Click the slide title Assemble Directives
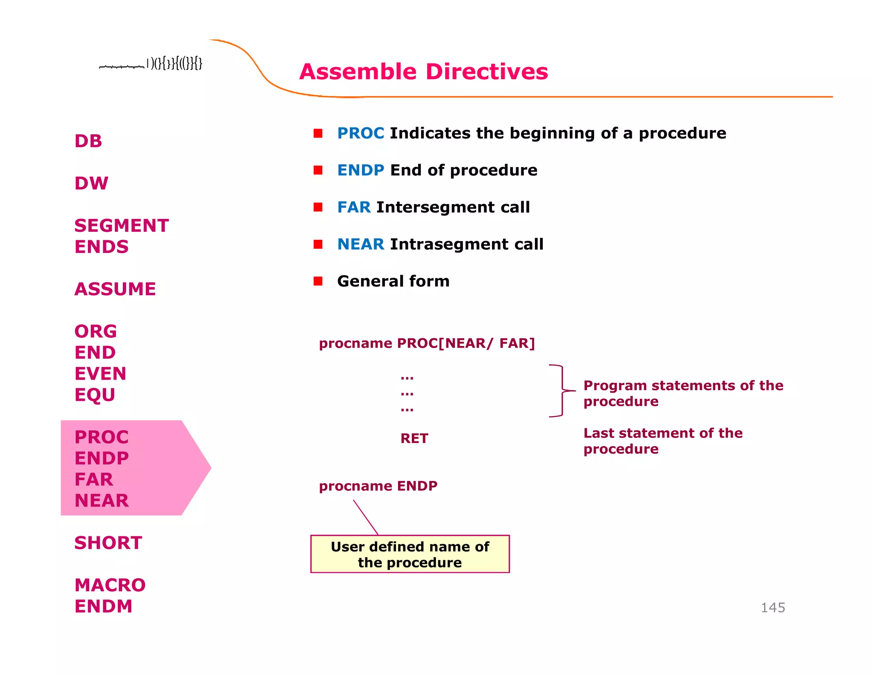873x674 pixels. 423,72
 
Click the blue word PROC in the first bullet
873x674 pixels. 361,133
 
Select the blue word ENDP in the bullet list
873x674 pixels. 361,170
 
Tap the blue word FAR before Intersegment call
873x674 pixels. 354,207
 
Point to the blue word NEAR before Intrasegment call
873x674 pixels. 361,245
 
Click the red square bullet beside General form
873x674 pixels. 318,281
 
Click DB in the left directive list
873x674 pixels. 88,141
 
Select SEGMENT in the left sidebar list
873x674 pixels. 121,226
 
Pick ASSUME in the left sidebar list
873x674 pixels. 115,289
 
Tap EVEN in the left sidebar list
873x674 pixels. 101,374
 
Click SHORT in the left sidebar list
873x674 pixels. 108,543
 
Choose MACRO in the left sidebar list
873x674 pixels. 110,585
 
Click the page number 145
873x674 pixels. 773,608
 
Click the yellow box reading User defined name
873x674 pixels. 410,554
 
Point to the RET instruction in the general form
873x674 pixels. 414,438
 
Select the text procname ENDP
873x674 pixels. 378,486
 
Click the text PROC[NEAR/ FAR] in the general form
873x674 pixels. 465,343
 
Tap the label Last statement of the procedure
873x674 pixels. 662,441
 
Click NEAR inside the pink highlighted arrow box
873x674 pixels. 101,501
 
